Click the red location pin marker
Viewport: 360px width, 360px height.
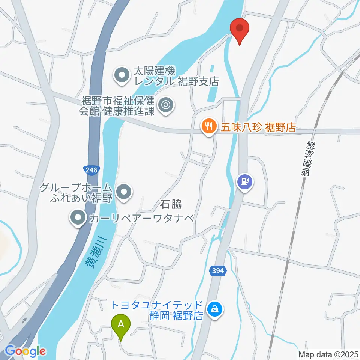click(240, 30)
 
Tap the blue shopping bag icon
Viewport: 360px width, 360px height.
click(215, 309)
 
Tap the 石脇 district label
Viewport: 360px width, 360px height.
click(171, 204)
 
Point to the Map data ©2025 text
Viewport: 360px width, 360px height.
click(328, 354)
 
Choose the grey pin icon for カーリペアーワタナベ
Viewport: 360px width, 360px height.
click(78, 217)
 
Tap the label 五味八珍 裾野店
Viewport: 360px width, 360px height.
click(258, 127)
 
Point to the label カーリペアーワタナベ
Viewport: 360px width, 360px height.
click(141, 217)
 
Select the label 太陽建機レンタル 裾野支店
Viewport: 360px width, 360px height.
click(174, 76)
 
